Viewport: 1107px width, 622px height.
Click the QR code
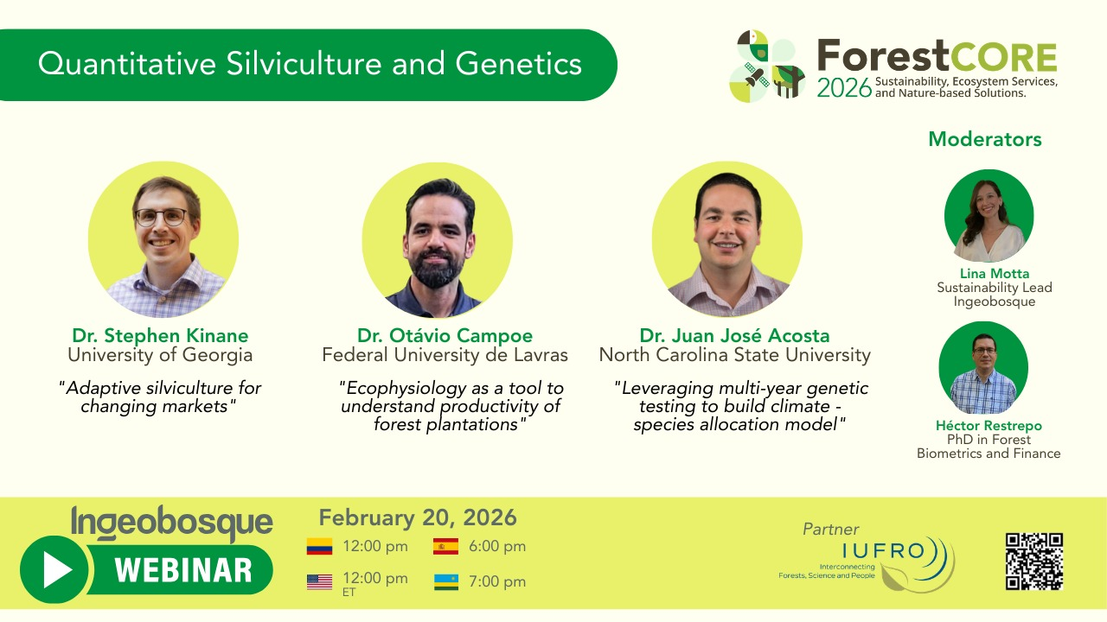[x=1033, y=562]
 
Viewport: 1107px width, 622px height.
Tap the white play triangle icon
[x=57, y=569]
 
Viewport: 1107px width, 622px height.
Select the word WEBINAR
[x=183, y=570]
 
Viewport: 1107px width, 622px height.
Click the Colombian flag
[x=319, y=547]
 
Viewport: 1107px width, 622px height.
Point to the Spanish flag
[x=445, y=547]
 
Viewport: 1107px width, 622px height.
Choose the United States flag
[x=319, y=582]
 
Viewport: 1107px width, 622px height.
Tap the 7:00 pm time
[x=497, y=581]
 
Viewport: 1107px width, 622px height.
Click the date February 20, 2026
[x=418, y=517]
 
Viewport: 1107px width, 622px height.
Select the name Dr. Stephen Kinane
[x=160, y=336]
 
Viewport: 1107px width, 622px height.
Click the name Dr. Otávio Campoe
[x=445, y=336]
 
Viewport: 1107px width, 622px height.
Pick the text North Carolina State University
[x=735, y=355]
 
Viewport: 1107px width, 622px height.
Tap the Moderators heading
[x=985, y=139]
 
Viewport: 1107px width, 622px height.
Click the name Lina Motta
[x=995, y=274]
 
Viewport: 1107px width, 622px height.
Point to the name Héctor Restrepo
[x=989, y=426]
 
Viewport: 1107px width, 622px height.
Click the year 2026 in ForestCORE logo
[x=844, y=88]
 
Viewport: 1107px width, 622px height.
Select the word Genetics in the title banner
[x=518, y=64]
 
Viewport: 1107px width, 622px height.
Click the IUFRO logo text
[x=884, y=550]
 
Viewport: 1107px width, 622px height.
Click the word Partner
[x=831, y=530]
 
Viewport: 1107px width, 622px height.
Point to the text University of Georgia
[x=160, y=355]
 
